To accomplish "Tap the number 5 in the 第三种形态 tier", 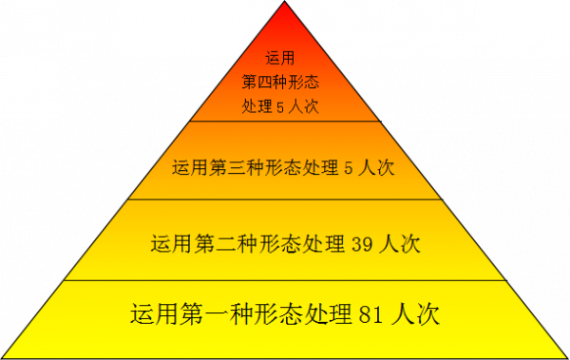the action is [x=349, y=168].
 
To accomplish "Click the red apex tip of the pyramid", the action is [x=285, y=6].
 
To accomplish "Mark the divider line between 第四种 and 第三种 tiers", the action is [x=284, y=122].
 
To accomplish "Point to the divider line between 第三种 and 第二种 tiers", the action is [x=284, y=199].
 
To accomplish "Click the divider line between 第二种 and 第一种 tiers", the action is [x=284, y=280].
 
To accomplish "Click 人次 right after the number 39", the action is [x=400, y=242].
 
